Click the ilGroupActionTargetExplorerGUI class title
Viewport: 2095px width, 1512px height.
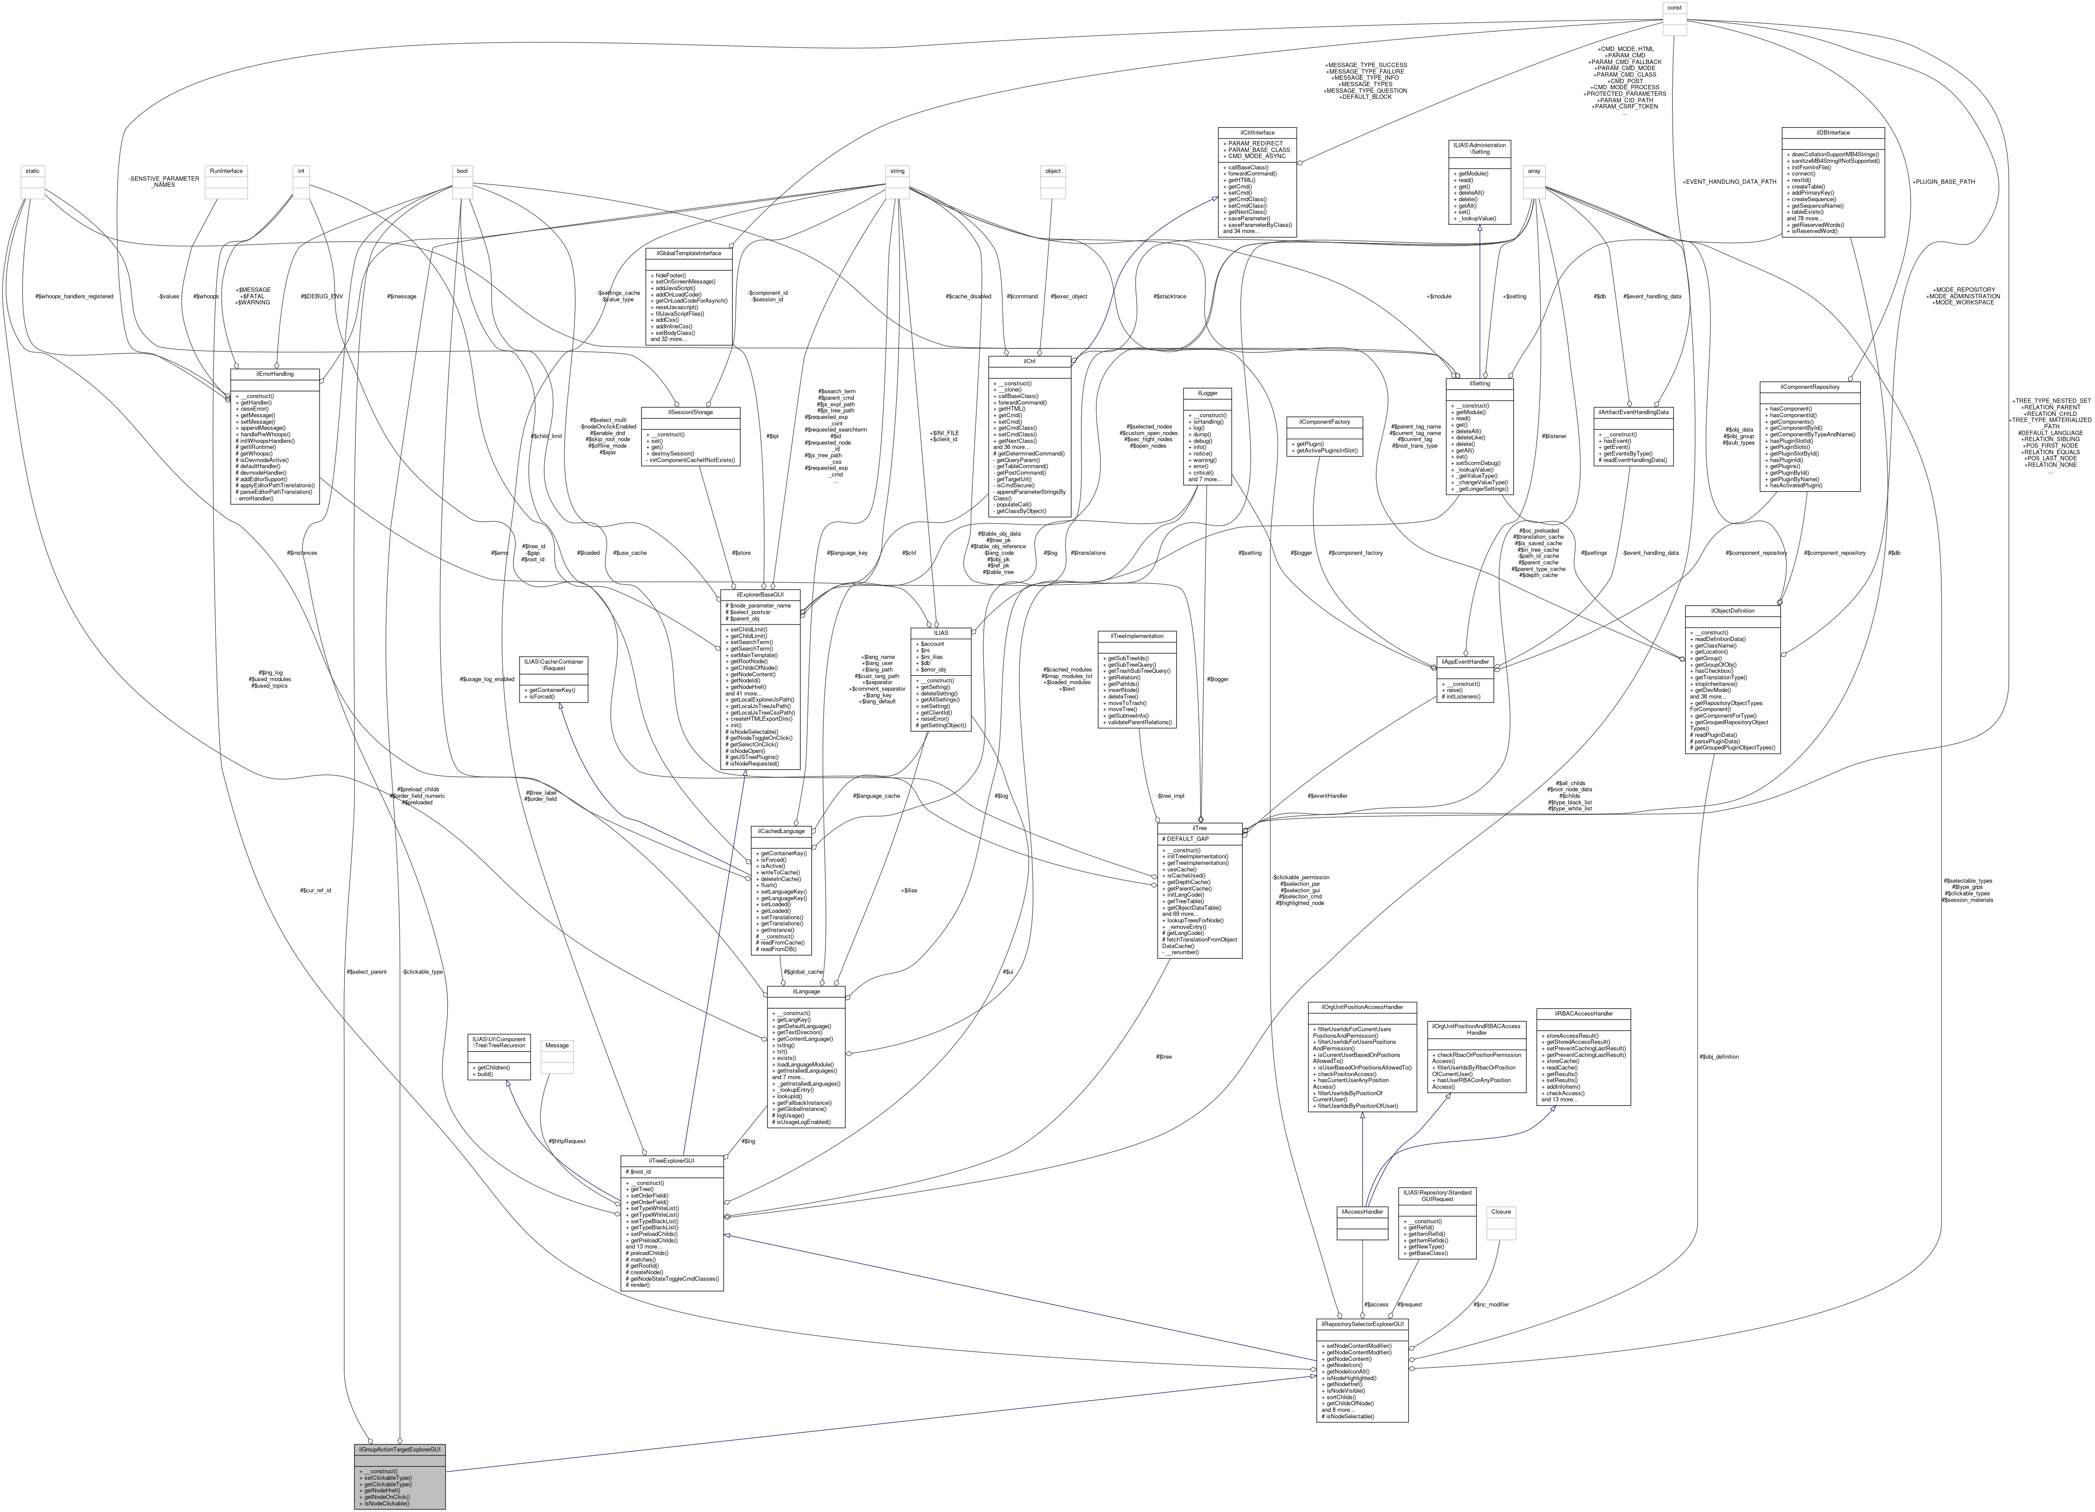399,1449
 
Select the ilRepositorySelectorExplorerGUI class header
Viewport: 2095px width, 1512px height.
1362,1323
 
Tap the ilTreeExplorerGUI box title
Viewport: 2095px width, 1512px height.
671,1160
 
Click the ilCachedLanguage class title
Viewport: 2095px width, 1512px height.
780,831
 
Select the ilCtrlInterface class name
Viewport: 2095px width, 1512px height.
1257,132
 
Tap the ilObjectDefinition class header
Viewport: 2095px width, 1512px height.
1732,611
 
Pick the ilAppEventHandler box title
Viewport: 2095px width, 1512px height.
1465,661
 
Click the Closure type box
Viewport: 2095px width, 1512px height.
1501,1211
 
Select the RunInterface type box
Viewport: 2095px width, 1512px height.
226,171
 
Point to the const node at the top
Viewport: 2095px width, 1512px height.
1675,7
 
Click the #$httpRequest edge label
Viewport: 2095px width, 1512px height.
566,1141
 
